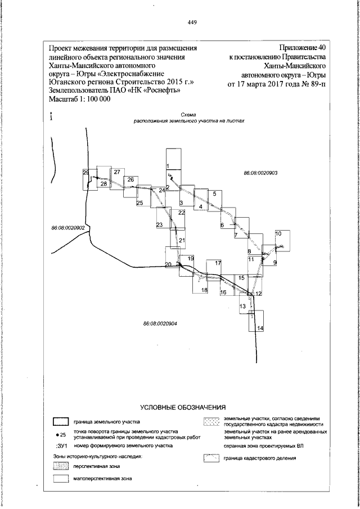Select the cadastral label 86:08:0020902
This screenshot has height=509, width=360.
click(x=67, y=228)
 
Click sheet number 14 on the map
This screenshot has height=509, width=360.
click(x=260, y=328)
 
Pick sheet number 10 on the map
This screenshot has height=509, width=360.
click(x=278, y=233)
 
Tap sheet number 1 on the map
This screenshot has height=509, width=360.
click(x=168, y=165)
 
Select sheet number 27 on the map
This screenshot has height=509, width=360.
click(x=117, y=172)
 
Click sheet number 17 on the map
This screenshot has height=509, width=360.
click(x=218, y=263)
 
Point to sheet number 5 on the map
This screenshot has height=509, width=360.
click(x=214, y=194)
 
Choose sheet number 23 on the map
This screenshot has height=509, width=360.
click(x=160, y=225)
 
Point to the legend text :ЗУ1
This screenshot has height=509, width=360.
click(x=61, y=445)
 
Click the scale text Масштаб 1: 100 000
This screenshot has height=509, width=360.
click(x=79, y=98)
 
